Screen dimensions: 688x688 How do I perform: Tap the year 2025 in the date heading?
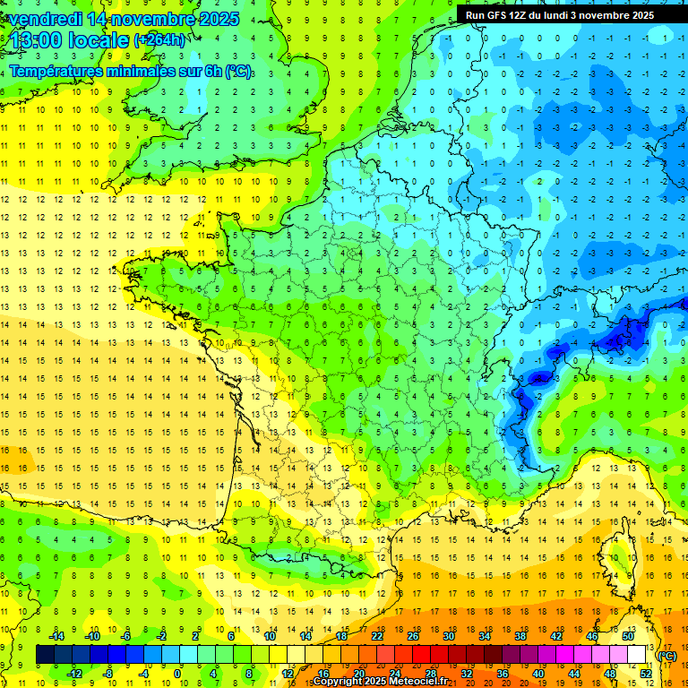pyautogui.click(x=219, y=19)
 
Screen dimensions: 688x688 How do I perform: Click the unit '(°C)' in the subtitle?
pyautogui.click(x=239, y=71)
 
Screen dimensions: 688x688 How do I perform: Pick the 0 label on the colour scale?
pyautogui.click(x=177, y=674)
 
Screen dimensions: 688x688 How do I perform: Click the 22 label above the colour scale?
pyautogui.click(x=377, y=636)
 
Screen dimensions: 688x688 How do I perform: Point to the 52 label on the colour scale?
pyautogui.click(x=645, y=674)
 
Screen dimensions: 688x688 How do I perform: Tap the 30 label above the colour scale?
pyautogui.click(x=449, y=636)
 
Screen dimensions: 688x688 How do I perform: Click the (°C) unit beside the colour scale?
pyautogui.click(x=666, y=656)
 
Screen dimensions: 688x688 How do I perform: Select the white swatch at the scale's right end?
pyautogui.click(x=636, y=655)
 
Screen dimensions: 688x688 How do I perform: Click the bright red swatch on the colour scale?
pyautogui.click(x=421, y=655)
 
